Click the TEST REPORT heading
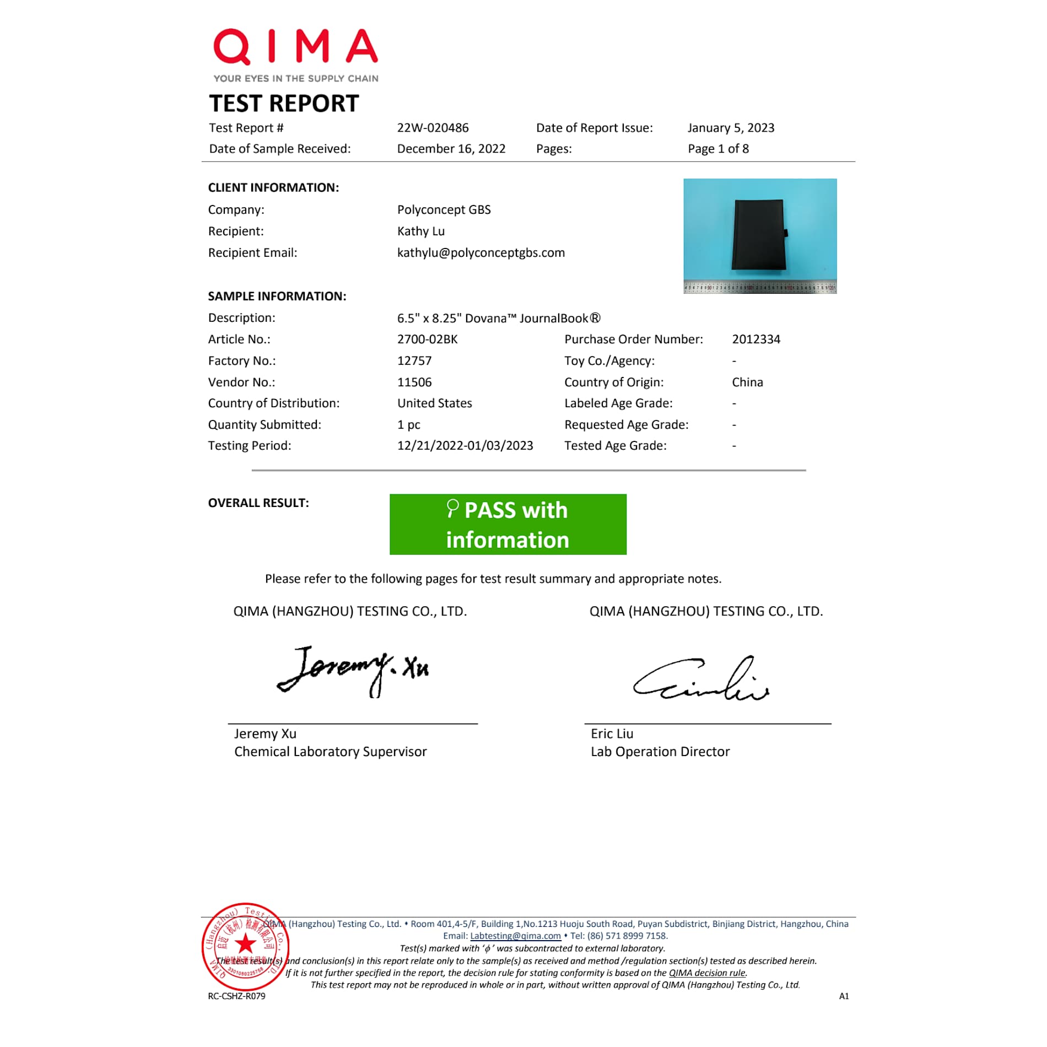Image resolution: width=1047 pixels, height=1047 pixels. pyautogui.click(x=284, y=104)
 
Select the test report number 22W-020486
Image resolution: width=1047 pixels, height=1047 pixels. pyautogui.click(x=433, y=128)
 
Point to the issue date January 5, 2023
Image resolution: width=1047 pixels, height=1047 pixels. pyautogui.click(x=731, y=128)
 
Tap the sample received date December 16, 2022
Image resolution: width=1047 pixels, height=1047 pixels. pyautogui.click(x=451, y=149)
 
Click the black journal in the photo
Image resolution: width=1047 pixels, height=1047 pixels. pyautogui.click(x=758, y=235)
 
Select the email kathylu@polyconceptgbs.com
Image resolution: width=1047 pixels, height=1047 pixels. pyautogui.click(x=481, y=253)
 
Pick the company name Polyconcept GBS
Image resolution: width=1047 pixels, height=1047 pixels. pyautogui.click(x=444, y=210)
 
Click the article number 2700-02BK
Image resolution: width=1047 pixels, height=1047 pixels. pyautogui.click(x=427, y=339)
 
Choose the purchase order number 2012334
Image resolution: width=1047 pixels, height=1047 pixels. pyautogui.click(x=756, y=339)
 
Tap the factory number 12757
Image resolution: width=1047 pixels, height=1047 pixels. pyautogui.click(x=414, y=361)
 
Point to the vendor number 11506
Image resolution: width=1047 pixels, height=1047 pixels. pyautogui.click(x=414, y=382)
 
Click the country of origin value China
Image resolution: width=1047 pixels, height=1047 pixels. pyautogui.click(x=747, y=382)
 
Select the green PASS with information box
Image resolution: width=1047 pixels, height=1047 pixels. pyautogui.click(x=508, y=525)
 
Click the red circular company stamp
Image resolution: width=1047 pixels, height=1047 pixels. pyautogui.click(x=245, y=946)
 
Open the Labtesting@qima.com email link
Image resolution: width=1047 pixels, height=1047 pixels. pyautogui.click(x=515, y=936)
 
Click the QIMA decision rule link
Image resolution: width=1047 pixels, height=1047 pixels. pyautogui.click(x=708, y=973)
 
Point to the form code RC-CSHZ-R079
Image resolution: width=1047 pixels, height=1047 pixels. pyautogui.click(x=236, y=996)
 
